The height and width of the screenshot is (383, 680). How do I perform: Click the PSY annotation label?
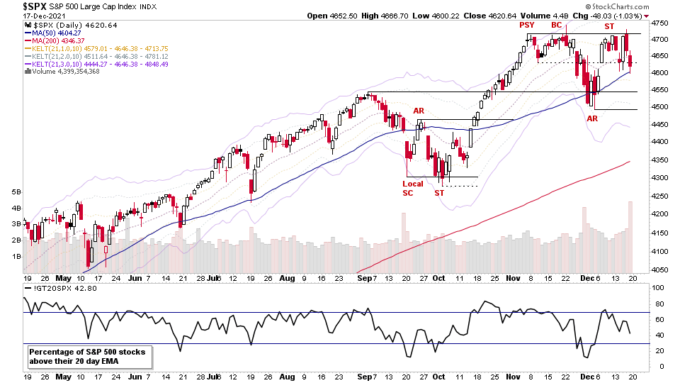coord(526,26)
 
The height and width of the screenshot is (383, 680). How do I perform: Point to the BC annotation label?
coord(557,26)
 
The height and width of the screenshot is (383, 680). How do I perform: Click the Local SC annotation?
coord(412,188)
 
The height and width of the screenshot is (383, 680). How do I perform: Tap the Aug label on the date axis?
coord(288,278)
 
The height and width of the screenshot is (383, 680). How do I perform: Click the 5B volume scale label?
coord(14,191)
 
